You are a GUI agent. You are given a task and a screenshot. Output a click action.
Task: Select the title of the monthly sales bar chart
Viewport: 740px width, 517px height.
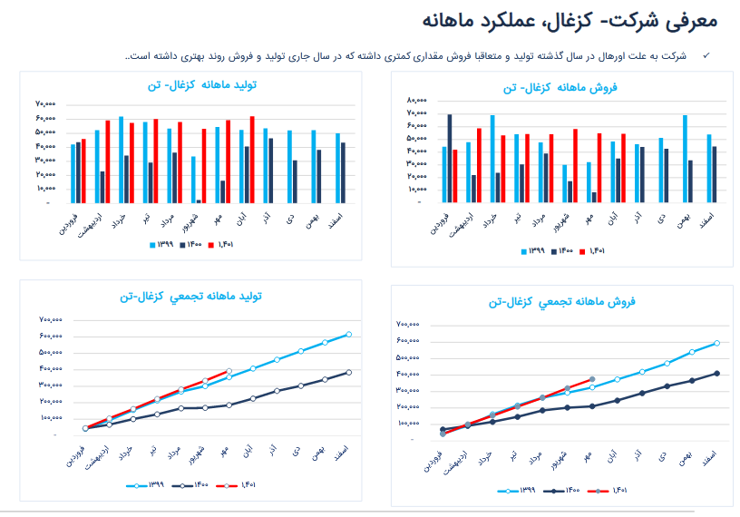pos(560,87)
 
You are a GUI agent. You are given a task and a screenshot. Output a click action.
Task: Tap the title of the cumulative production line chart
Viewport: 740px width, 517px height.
pos(190,297)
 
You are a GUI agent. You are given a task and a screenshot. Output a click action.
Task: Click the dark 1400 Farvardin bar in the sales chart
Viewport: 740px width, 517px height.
pos(450,158)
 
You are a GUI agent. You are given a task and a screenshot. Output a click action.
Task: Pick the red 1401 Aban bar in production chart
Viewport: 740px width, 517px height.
pos(252,159)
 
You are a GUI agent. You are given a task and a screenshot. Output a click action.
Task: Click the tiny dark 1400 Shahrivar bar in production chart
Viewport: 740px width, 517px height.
pos(199,200)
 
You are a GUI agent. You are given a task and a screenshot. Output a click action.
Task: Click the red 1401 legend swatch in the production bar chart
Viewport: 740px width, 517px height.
pos(210,245)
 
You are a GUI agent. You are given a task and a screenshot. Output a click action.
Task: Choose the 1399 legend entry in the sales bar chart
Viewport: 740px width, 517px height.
pos(530,251)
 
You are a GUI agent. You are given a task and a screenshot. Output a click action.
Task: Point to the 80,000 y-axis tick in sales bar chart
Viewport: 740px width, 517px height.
pos(416,100)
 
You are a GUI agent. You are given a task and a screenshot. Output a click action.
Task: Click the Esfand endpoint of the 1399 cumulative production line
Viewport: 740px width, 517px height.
pos(348,335)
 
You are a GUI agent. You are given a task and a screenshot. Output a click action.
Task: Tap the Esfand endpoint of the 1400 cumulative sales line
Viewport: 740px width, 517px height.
pos(716,373)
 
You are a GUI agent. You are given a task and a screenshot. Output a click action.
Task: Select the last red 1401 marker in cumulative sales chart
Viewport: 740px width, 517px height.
pos(591,379)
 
